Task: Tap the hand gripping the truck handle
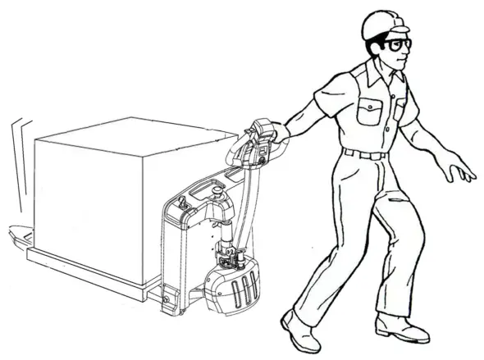pos(281,131)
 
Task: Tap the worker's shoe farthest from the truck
pos(402,329)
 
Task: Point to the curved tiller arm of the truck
pos(241,197)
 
